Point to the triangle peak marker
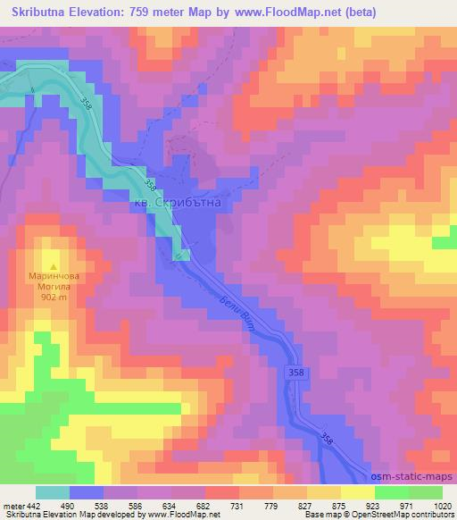(54, 265)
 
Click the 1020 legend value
(443, 507)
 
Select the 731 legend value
(239, 507)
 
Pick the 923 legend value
(376, 507)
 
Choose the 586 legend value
(137, 507)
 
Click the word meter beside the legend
(13, 507)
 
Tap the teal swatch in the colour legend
(53, 492)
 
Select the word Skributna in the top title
(42, 13)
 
